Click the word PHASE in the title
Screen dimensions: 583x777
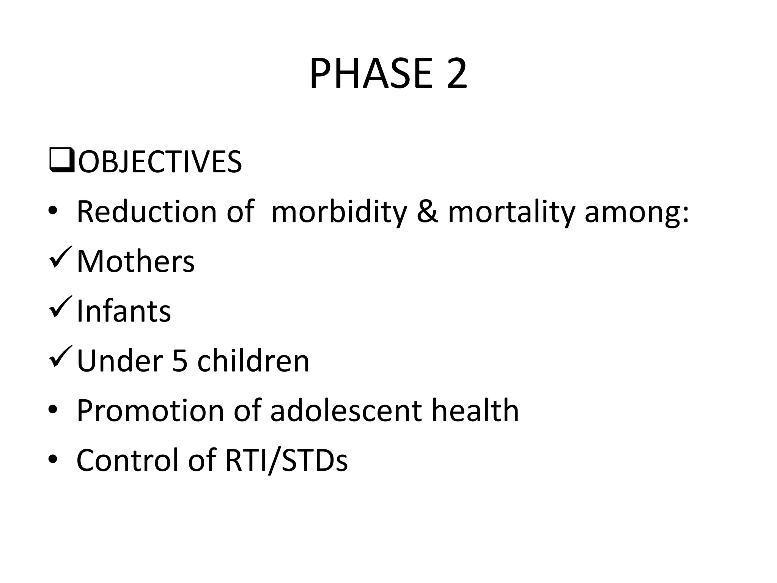pyautogui.click(x=371, y=74)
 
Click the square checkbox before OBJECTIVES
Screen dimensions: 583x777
pyautogui.click(x=61, y=161)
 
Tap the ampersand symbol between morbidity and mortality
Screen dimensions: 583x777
pyautogui.click(x=427, y=212)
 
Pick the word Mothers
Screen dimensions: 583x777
pyautogui.click(x=135, y=262)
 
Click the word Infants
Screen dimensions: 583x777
pyautogui.click(x=124, y=311)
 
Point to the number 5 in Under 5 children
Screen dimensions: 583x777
pyautogui.click(x=180, y=361)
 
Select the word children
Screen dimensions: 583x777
pyautogui.click(x=253, y=361)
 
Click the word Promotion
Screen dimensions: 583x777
pyautogui.click(x=150, y=411)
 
